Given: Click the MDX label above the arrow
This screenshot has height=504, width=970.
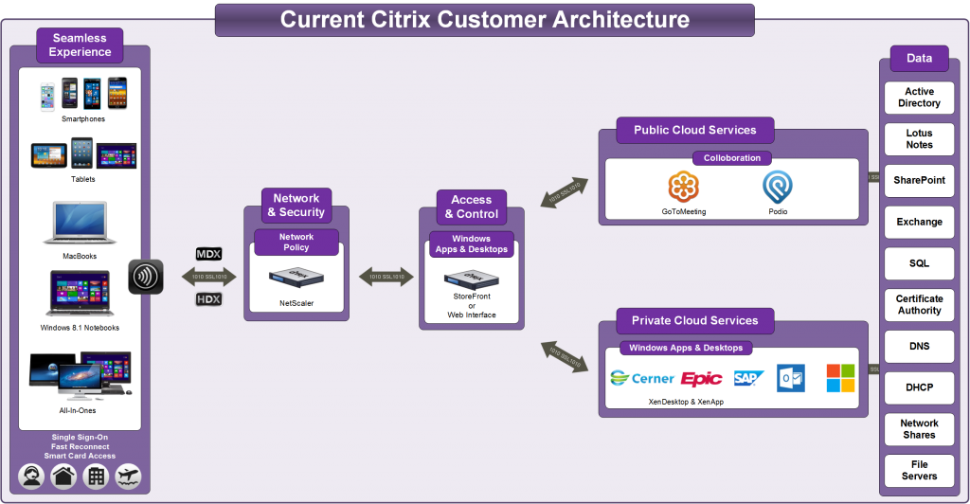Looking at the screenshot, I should coord(208,254).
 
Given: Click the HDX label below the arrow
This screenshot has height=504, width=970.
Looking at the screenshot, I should coord(208,299).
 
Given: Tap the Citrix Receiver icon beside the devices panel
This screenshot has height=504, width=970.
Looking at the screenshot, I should coord(145,277).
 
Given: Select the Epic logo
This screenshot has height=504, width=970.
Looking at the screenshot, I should coord(701,378).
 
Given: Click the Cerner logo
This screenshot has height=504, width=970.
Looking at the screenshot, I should coord(642,378).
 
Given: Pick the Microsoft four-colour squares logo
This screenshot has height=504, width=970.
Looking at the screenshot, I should coord(840,378).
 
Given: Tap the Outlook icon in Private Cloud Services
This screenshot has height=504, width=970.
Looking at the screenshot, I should coord(790,378).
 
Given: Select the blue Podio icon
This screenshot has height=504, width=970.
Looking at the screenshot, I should coord(778,185).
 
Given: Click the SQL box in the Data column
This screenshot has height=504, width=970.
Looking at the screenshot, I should coord(918,261).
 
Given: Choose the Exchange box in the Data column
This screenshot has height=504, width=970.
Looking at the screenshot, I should coord(918,222).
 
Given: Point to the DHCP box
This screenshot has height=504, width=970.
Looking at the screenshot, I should coord(918,386).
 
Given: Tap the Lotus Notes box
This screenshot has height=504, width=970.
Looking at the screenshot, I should coord(918,139).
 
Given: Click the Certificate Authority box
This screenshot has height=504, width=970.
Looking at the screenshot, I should coord(918,304).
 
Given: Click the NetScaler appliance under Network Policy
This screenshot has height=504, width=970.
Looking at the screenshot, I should coord(296,277).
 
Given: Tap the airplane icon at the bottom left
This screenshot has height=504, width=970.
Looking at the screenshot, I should coord(128,477).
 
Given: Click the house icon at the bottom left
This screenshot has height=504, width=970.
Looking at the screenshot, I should coord(63,477).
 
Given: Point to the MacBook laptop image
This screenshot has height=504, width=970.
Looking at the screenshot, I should coord(81,225).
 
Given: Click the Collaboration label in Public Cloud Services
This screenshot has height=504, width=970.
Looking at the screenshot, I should coord(731,158).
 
